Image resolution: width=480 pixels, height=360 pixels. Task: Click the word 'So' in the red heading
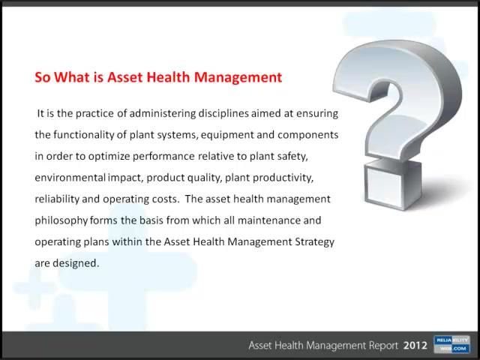point(43,77)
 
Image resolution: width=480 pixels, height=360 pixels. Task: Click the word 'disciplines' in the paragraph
point(225,114)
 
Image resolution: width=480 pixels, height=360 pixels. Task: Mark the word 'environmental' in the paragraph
point(69,178)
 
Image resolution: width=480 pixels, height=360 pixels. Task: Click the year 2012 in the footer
point(415,346)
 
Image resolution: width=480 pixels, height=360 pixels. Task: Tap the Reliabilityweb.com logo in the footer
point(451,345)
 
